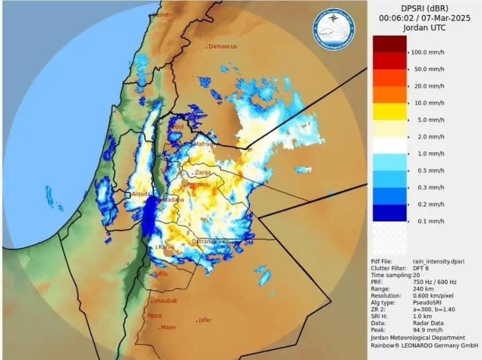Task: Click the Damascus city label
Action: click(222, 47)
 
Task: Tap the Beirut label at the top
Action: click(161, 15)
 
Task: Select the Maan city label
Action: click(168, 327)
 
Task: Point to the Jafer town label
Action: click(205, 320)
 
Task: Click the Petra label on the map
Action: click(154, 316)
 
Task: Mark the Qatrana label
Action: click(204, 241)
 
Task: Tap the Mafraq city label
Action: click(203, 144)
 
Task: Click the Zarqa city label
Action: click(203, 173)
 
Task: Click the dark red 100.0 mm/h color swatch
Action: click(389, 44)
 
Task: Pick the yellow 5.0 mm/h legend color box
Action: click(389, 111)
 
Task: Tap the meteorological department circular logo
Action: click(334, 28)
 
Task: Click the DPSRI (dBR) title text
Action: click(425, 9)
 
